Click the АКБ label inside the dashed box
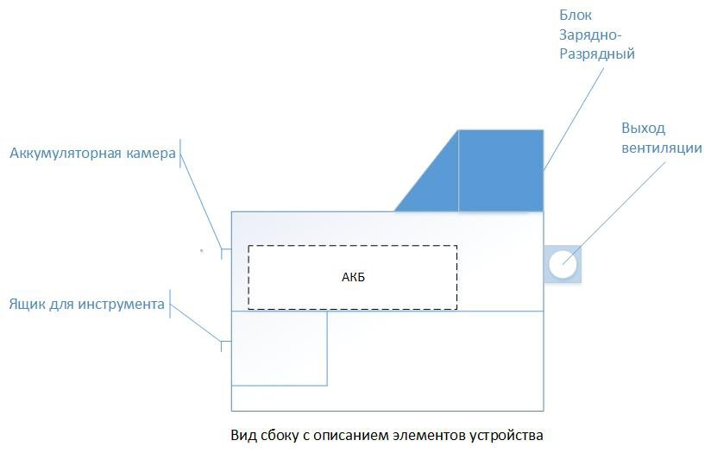354,277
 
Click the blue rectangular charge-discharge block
500,170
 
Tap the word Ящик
27,305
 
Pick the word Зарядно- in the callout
590,35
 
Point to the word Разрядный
596,53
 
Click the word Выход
644,129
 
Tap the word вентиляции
662,148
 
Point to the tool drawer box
280,348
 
